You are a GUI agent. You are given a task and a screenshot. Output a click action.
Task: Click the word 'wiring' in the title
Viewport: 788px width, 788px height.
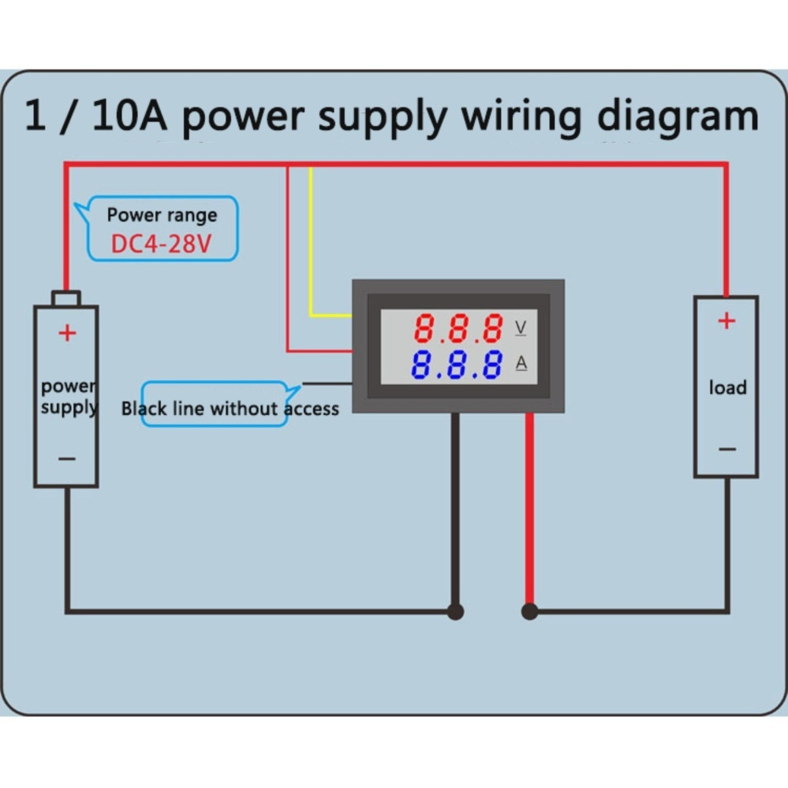point(521,117)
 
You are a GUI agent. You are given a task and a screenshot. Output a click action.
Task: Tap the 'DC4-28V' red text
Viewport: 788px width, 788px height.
point(161,244)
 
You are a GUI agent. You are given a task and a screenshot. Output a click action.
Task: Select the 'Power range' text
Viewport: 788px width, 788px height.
point(162,215)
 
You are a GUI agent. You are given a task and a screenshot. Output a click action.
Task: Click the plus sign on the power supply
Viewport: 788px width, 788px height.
point(67,333)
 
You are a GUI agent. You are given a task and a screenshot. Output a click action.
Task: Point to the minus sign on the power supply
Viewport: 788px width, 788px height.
point(67,458)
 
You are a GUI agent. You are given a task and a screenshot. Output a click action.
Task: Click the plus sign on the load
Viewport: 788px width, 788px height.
point(726,321)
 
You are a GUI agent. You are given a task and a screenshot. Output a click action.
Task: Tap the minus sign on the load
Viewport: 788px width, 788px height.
point(726,450)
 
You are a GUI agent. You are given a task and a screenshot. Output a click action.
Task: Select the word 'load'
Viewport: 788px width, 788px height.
point(726,387)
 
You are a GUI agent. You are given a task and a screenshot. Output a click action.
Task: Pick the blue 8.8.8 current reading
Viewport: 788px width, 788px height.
point(458,365)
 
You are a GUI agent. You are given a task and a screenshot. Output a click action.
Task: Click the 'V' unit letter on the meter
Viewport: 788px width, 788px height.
point(521,327)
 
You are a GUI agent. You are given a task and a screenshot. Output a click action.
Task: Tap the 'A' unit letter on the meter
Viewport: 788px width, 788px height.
point(521,363)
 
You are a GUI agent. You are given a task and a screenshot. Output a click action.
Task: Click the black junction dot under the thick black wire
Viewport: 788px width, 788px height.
point(455,611)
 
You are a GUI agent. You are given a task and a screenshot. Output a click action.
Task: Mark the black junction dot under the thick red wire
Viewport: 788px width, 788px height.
point(529,611)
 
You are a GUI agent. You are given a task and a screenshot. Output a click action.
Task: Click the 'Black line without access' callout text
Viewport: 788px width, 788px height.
point(230,409)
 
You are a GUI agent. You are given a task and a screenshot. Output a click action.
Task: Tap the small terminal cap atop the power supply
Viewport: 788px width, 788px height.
point(66,298)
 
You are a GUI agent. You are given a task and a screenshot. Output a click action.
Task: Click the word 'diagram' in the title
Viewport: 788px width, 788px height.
point(677,117)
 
